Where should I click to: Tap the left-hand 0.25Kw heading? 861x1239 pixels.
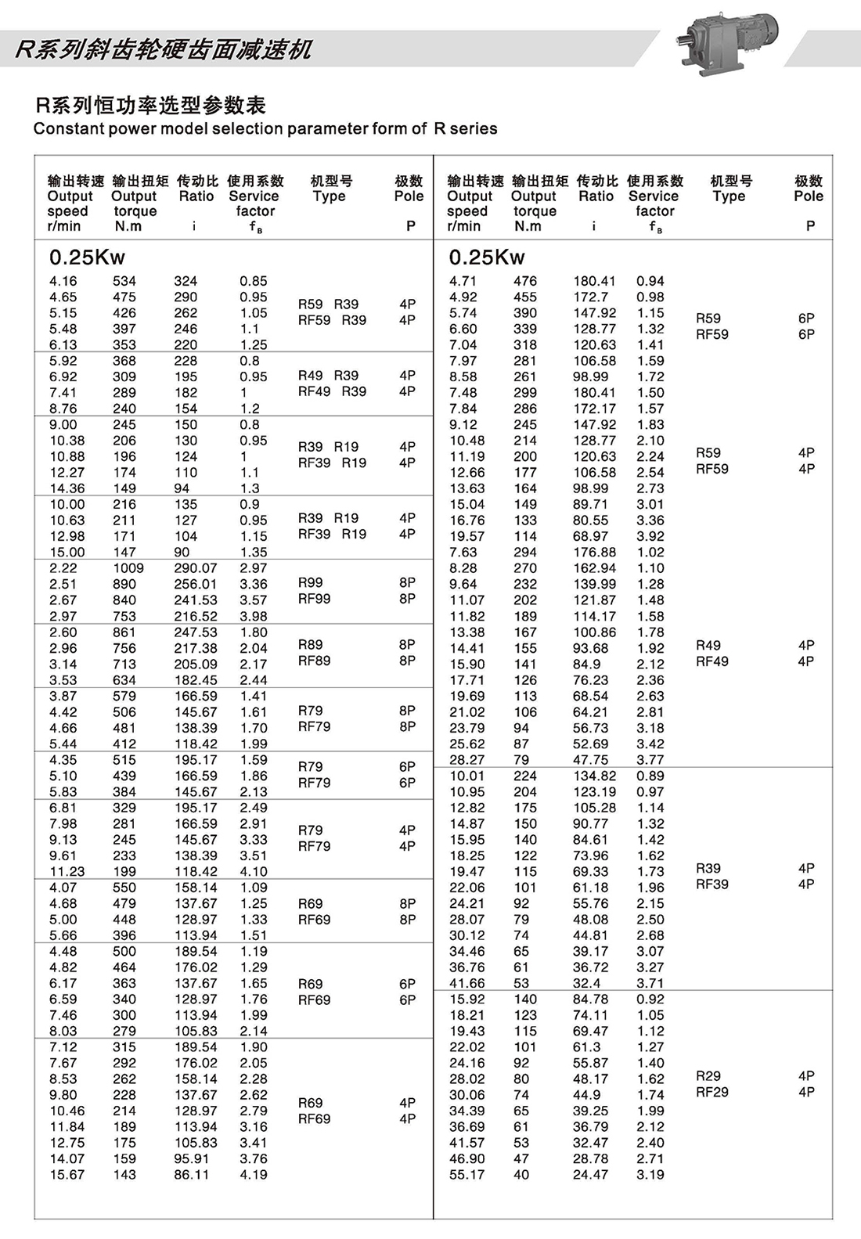click(87, 258)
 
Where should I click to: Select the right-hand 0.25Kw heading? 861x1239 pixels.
click(487, 258)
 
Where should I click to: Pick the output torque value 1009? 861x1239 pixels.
click(128, 568)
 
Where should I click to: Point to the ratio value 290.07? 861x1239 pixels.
click(195, 568)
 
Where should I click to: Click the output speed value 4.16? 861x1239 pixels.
click(63, 281)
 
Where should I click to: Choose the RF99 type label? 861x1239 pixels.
click(314, 599)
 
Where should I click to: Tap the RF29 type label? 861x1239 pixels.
click(711, 1092)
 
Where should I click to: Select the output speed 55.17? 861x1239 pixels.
click(467, 1175)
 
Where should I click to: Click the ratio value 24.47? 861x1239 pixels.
click(590, 1175)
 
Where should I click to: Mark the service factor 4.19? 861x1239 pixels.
click(254, 1175)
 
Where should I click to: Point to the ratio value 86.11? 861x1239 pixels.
click(191, 1175)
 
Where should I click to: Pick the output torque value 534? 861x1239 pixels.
click(124, 281)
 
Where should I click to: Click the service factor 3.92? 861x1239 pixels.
click(650, 536)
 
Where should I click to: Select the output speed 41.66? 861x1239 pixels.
click(467, 983)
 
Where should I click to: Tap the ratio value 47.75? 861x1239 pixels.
click(590, 760)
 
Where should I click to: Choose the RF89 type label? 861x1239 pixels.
click(314, 661)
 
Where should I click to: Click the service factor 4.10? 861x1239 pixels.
click(254, 872)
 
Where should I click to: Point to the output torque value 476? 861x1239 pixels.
click(525, 281)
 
